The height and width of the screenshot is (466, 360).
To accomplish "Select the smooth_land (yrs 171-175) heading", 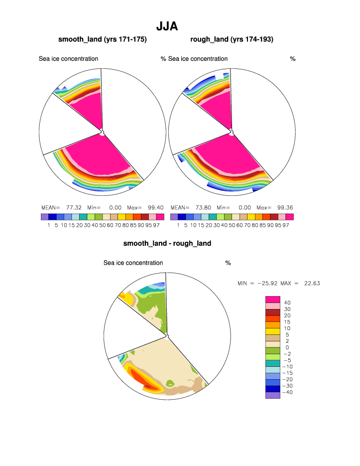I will [x=103, y=39].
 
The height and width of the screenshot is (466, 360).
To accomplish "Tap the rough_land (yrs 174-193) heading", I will [x=232, y=39].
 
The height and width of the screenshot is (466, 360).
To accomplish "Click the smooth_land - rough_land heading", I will [x=167, y=243].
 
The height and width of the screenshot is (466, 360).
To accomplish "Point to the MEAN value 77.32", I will [x=74, y=207].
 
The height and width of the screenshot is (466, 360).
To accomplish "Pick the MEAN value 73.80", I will [x=204, y=207].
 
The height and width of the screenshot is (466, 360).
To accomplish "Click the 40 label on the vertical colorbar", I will [x=287, y=303].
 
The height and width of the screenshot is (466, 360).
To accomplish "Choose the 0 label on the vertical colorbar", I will [x=287, y=347].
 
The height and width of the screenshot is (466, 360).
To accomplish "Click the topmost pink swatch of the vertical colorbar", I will [x=272, y=299].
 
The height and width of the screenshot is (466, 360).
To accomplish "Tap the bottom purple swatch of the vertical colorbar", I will [x=272, y=396].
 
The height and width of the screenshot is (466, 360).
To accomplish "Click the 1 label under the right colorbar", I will [x=178, y=225].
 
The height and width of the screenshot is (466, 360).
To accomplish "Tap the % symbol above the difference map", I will [x=228, y=263].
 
